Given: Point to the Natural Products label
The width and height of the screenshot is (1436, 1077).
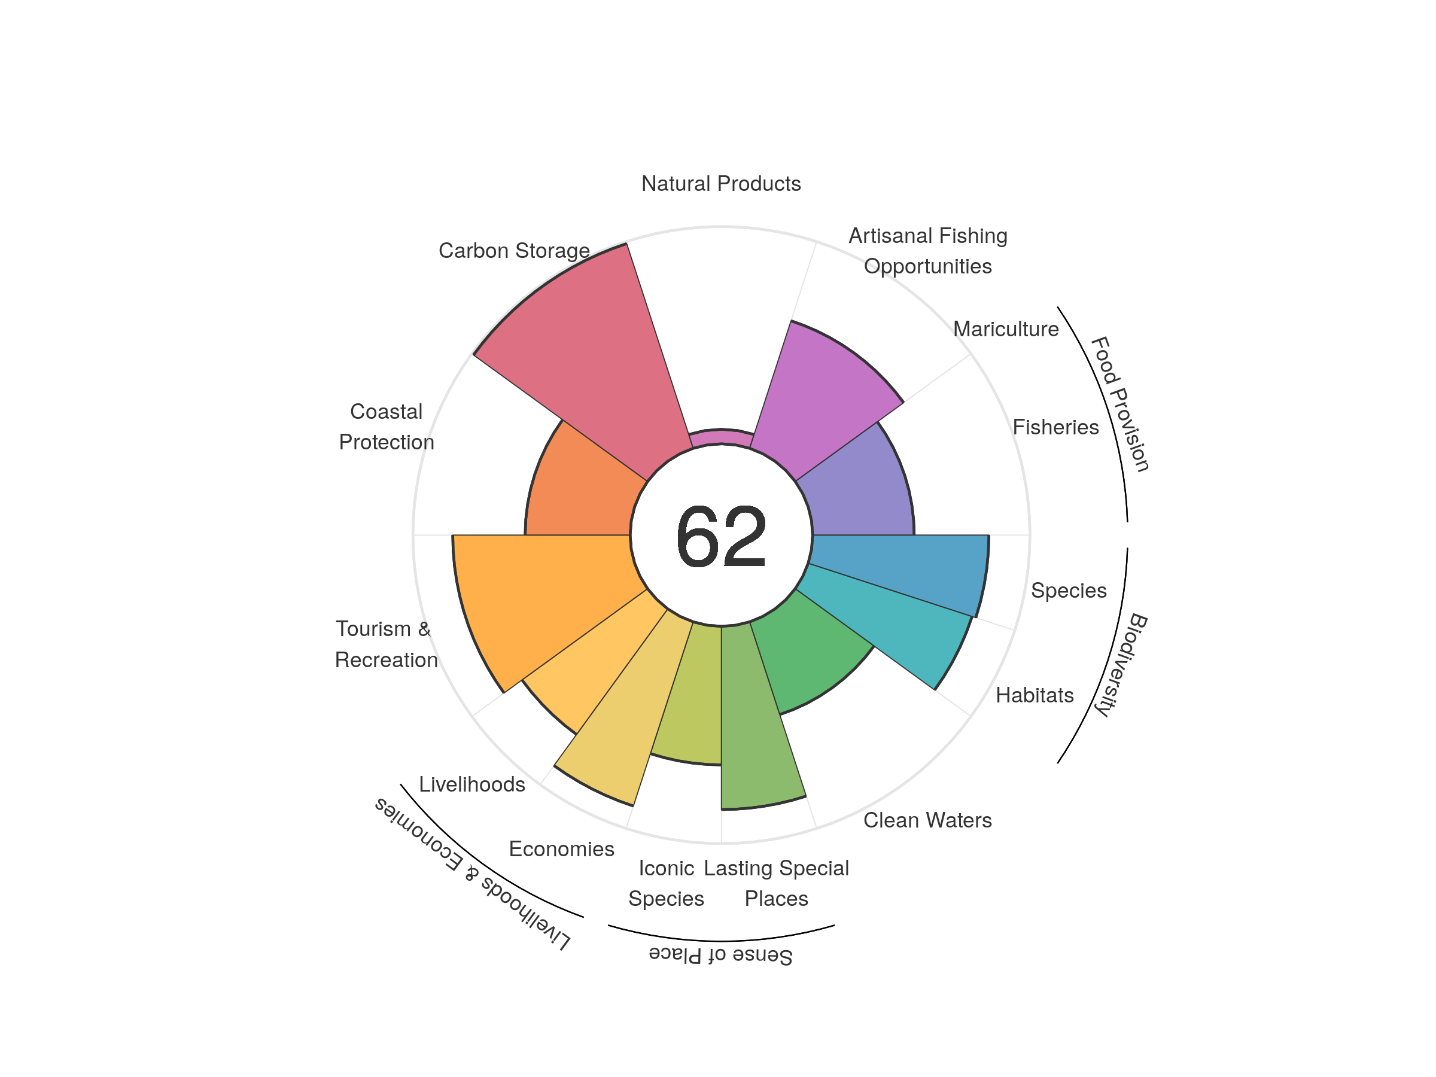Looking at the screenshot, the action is point(720,184).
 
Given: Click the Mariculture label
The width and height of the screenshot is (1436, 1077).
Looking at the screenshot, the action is point(1006,329).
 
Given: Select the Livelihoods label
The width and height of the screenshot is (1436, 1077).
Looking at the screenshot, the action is point(472,784).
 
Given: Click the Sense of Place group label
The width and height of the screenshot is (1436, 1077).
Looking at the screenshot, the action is point(720,955).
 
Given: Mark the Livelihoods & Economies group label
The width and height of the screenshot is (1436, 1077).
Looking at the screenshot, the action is point(473,873).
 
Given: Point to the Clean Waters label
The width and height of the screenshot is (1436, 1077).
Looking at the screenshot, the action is point(927,820).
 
